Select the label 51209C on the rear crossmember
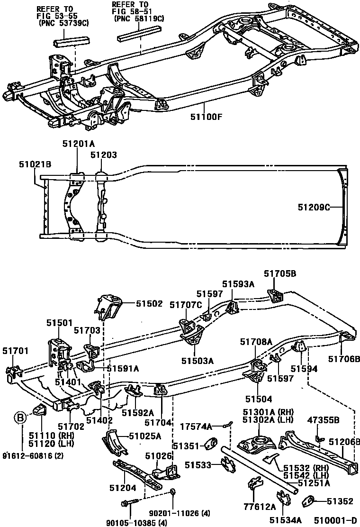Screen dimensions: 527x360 313,207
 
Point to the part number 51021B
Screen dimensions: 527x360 35,164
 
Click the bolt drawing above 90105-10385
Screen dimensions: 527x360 129,500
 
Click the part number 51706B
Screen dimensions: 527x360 343,358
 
